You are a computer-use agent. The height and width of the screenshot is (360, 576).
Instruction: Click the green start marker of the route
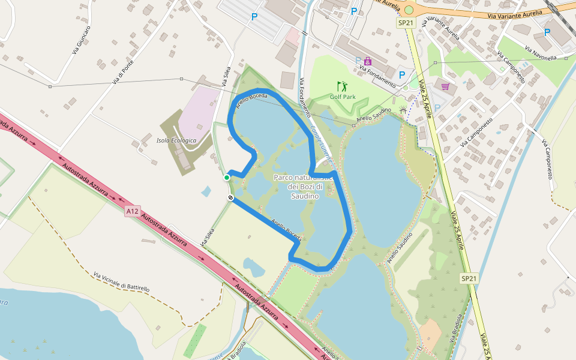(227, 177)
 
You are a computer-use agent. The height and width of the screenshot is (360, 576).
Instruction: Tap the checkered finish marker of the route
(230, 197)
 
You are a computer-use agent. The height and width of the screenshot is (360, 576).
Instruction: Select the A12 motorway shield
(133, 211)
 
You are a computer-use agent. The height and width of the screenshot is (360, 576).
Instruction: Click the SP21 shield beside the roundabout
(406, 23)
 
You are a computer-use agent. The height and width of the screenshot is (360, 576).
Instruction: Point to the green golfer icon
(342, 86)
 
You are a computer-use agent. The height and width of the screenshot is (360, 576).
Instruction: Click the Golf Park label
(343, 97)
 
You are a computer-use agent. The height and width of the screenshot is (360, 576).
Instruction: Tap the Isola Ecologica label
(176, 140)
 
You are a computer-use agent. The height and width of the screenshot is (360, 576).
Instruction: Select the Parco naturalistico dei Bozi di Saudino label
(302, 186)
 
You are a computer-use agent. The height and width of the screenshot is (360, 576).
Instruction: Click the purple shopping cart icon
(445, 86)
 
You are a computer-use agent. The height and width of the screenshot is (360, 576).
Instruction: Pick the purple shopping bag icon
(368, 61)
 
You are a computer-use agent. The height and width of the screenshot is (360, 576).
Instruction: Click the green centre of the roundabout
(409, 10)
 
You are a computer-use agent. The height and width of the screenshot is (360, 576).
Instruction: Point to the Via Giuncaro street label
(81, 40)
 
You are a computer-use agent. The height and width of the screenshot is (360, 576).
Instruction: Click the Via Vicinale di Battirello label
(121, 281)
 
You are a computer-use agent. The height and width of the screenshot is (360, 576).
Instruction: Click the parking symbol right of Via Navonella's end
(547, 33)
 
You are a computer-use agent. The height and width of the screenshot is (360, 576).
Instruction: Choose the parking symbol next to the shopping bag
(359, 61)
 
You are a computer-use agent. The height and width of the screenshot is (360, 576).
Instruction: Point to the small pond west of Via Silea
(206, 192)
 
